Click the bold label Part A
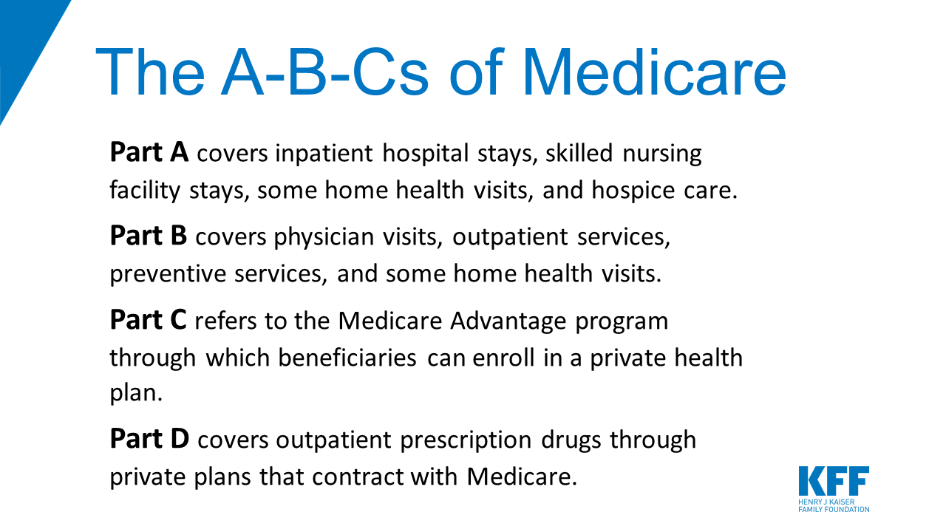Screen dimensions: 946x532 click(x=149, y=151)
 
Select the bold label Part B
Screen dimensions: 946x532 click(x=149, y=235)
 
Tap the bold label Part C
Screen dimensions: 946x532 click(x=149, y=319)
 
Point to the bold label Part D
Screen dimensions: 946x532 click(x=149, y=438)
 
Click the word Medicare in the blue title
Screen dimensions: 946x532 click(x=654, y=72)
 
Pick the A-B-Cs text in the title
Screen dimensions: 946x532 click(x=324, y=72)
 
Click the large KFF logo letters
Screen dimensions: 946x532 click(x=834, y=480)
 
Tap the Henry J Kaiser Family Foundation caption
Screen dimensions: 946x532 click(x=834, y=505)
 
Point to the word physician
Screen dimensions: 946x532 click(x=324, y=237)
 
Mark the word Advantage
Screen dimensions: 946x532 click(x=508, y=321)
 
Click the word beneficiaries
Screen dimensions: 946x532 click(x=347, y=358)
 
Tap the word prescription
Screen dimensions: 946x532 click(x=466, y=440)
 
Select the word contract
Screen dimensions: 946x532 click(x=358, y=477)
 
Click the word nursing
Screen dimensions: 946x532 click(x=662, y=154)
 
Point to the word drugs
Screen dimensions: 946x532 click(x=571, y=440)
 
